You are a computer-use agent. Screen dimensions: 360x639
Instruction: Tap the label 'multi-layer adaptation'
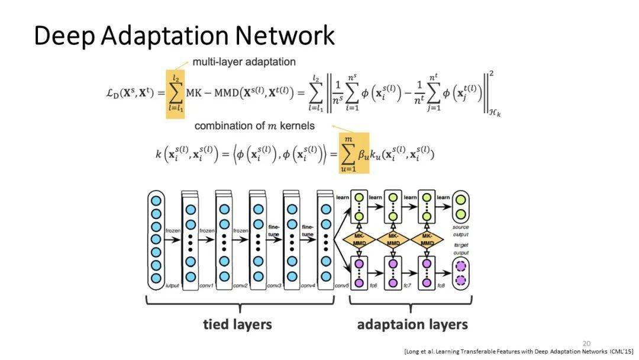244,62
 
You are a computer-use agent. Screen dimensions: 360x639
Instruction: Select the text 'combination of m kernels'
254,126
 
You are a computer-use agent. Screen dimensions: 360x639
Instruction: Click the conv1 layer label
206,286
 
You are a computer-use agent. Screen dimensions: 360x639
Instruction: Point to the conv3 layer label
274,286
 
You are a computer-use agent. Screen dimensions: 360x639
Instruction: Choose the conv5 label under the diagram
341,286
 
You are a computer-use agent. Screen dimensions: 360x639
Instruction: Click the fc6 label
373,286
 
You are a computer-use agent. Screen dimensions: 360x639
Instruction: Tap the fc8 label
441,286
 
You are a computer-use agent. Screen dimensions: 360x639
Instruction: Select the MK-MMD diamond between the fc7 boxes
393,239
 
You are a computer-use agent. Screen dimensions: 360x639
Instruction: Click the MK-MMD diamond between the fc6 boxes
360,239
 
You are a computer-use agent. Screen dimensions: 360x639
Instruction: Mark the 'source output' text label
461,230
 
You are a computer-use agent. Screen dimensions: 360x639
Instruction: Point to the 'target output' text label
461,248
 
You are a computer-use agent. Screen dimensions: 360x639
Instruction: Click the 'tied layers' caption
237,324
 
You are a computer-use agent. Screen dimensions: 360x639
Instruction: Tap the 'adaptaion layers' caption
412,324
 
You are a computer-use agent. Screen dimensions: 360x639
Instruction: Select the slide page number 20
586,343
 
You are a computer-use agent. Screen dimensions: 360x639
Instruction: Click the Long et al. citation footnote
518,352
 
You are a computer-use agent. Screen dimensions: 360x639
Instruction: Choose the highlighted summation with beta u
353,153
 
